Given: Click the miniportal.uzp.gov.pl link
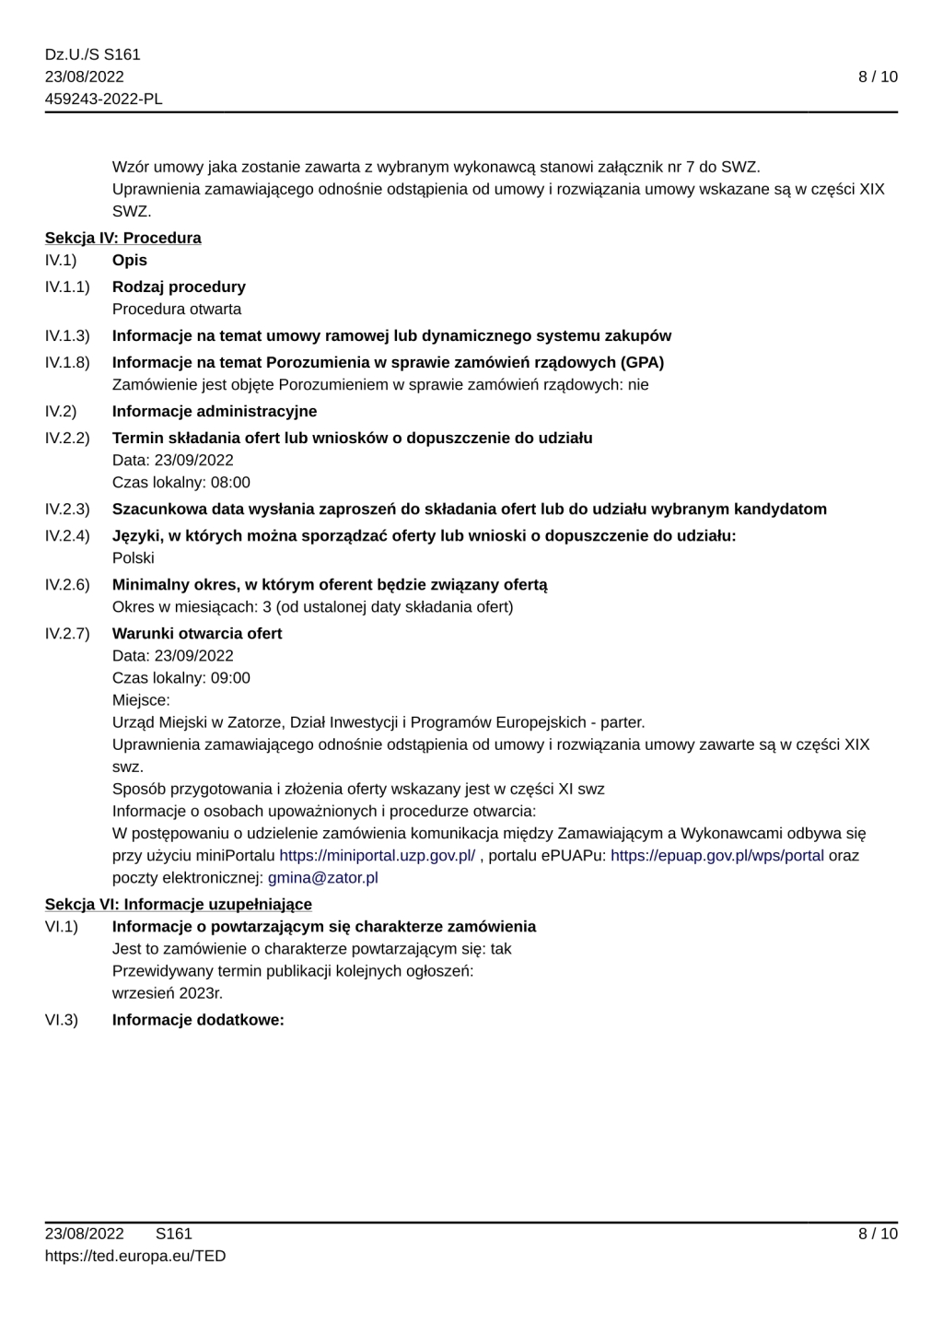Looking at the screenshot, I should (x=377, y=855).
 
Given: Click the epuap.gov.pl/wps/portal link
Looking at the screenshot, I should (x=716, y=855).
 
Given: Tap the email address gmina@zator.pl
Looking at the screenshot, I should (x=322, y=877).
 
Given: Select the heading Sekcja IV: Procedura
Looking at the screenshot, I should (x=123, y=238).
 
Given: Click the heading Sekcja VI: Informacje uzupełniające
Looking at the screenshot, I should (x=179, y=904).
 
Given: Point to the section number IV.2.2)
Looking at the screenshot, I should (x=67, y=438).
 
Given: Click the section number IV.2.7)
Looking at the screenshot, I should (x=67, y=633).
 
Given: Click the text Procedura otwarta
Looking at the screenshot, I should (x=177, y=309).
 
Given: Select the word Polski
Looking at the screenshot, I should (x=134, y=557).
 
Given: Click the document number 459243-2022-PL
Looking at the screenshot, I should (x=104, y=99).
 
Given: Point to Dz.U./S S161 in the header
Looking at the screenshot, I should (x=93, y=54).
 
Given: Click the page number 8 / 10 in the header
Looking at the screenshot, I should (x=878, y=76).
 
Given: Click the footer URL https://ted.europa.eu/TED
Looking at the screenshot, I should (x=135, y=1256).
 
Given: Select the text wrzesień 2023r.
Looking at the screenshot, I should (x=168, y=992).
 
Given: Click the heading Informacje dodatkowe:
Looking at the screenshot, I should (x=198, y=1020).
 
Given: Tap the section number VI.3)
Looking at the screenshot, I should (x=62, y=1020).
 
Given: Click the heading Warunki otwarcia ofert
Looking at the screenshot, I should (x=197, y=633).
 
